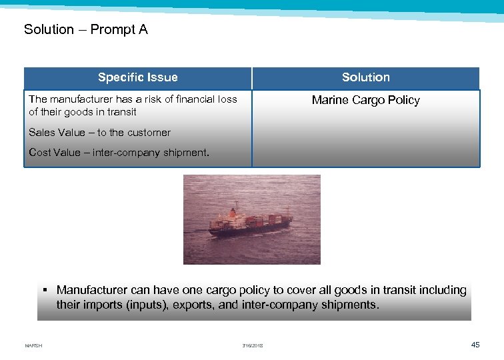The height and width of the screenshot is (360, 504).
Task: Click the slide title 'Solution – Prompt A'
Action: pyautogui.click(x=86, y=29)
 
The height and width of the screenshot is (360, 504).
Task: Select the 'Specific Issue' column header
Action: pyautogui.click(x=137, y=77)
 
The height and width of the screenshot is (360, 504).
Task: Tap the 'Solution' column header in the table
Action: pyautogui.click(x=365, y=77)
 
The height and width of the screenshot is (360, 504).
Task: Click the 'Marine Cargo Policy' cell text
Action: pyautogui.click(x=365, y=100)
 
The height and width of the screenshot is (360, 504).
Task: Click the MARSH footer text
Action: pyautogui.click(x=33, y=345)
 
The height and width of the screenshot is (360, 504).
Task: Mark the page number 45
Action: pyautogui.click(x=475, y=344)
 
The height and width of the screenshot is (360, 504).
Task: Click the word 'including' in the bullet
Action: pyautogui.click(x=442, y=290)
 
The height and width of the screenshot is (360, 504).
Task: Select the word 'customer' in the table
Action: pyautogui.click(x=149, y=133)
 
